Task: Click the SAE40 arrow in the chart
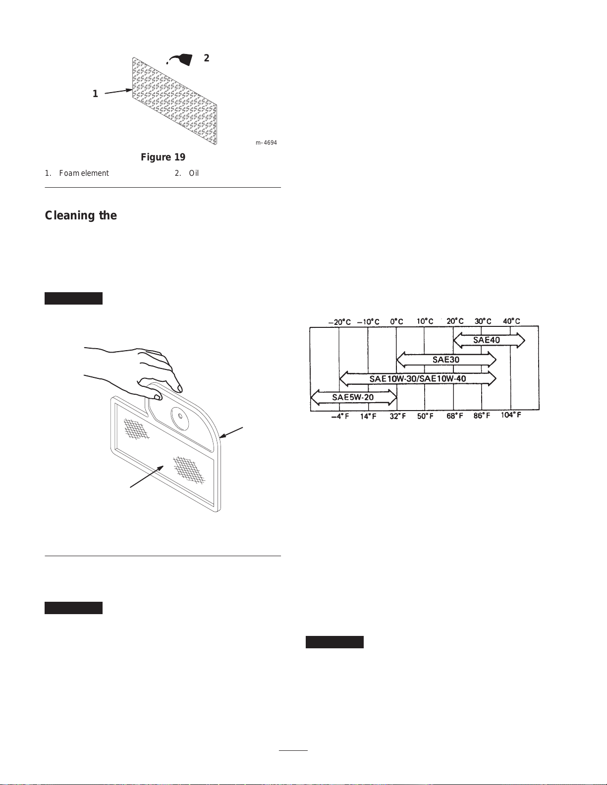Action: (489, 340)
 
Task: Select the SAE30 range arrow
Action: (446, 360)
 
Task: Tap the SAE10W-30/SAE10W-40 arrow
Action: (417, 379)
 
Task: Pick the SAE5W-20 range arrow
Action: (353, 397)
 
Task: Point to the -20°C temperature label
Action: (339, 322)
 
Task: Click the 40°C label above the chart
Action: (511, 321)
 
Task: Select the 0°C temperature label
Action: (396, 321)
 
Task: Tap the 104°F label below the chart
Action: (511, 415)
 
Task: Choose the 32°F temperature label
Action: (397, 416)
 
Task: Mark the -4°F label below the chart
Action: (340, 416)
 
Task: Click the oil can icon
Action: (182, 59)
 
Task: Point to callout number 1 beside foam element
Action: (95, 94)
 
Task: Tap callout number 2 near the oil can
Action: (207, 58)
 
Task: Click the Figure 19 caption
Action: (163, 157)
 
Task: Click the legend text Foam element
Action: (84, 173)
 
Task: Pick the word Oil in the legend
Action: (194, 173)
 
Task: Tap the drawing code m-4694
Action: (266, 143)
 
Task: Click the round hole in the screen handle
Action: (180, 417)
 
